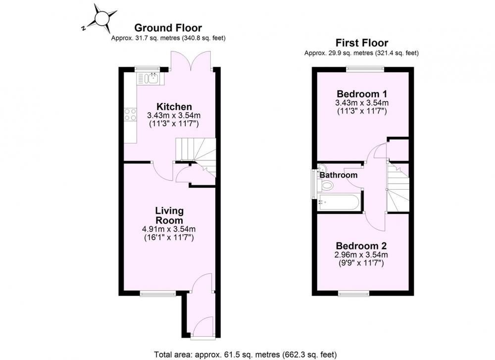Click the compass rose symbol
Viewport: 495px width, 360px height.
pyautogui.click(x=102, y=18)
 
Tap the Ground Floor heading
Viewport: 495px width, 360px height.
pyautogui.click(x=168, y=28)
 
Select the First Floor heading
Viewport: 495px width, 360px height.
pyautogui.click(x=361, y=43)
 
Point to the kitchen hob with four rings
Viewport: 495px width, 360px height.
pyautogui.click(x=130, y=114)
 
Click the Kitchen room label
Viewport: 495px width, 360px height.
pyautogui.click(x=174, y=106)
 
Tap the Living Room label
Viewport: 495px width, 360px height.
pyautogui.click(x=169, y=215)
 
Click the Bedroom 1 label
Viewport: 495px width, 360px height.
pyautogui.click(x=362, y=94)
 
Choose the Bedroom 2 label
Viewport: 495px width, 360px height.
pyautogui.click(x=361, y=246)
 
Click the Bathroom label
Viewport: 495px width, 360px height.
pyautogui.click(x=339, y=175)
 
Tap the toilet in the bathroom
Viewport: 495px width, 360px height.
pyautogui.click(x=326, y=185)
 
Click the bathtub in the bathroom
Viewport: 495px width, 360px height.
pyautogui.click(x=339, y=202)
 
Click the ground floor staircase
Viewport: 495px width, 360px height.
pyautogui.click(x=196, y=155)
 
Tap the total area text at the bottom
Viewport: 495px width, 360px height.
pyautogui.click(x=246, y=355)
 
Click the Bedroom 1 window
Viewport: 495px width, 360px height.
pyautogui.click(x=365, y=67)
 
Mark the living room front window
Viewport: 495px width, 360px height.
pyautogui.click(x=158, y=294)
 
